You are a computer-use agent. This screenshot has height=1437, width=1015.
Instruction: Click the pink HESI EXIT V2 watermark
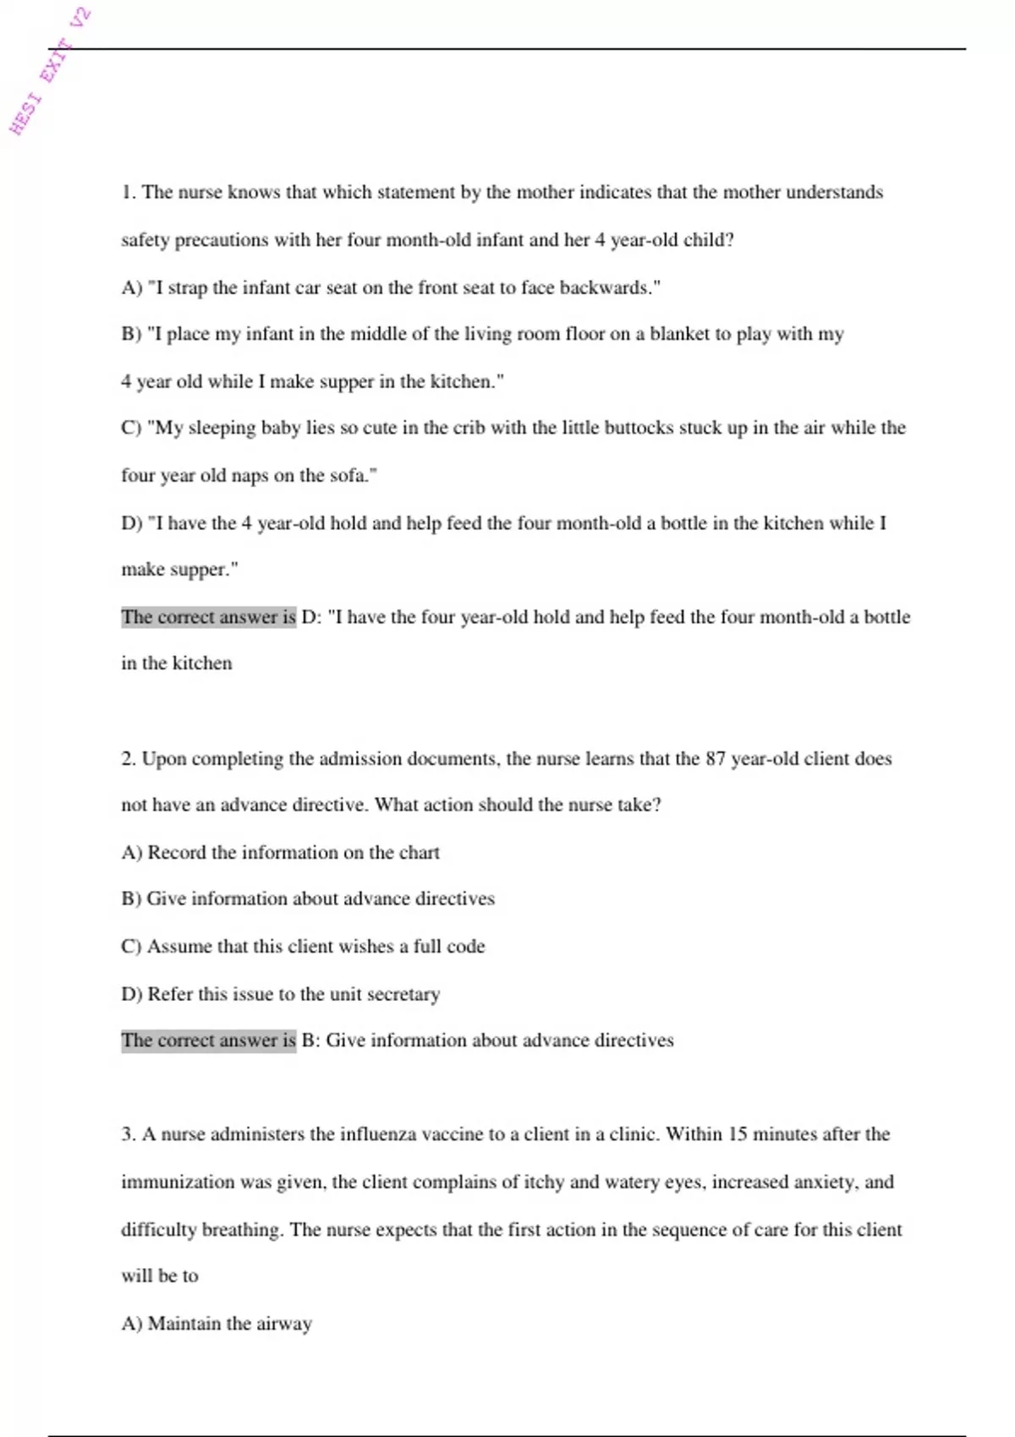(50, 71)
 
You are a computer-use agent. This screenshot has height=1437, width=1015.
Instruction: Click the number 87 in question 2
(716, 758)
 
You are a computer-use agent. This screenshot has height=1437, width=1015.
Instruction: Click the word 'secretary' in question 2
(403, 994)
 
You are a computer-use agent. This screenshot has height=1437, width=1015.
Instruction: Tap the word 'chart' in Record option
(419, 852)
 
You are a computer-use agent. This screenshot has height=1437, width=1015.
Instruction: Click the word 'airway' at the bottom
(284, 1324)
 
